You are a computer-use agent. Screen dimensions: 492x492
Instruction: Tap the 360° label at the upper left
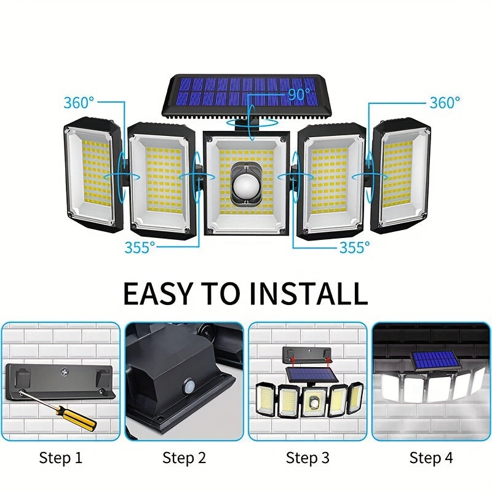(79, 103)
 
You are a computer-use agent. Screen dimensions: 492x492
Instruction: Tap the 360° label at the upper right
(444, 103)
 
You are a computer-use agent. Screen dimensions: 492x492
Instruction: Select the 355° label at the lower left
(140, 247)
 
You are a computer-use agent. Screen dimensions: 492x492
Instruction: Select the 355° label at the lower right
(355, 247)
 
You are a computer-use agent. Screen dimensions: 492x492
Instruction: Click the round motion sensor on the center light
(245, 183)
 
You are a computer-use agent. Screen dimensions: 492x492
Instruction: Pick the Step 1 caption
(60, 458)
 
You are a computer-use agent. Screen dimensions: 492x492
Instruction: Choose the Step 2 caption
(184, 458)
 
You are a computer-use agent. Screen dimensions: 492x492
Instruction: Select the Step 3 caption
(307, 458)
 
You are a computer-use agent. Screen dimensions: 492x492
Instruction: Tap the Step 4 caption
(430, 458)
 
